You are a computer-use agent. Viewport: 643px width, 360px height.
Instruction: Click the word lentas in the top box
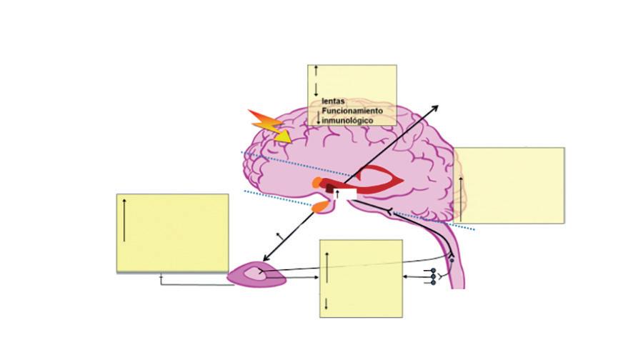point(333,101)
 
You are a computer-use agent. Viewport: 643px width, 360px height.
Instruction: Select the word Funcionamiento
point(352,111)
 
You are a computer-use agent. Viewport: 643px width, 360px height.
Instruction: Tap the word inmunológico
point(347,121)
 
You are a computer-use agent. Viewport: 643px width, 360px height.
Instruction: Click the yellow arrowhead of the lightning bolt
point(282,136)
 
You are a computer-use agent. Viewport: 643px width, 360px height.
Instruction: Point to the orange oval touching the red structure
point(317,182)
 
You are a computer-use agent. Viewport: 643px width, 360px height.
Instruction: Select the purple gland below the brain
point(256,275)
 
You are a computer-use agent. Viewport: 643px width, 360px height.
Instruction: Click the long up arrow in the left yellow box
point(124,220)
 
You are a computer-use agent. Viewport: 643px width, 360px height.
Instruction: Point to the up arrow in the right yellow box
point(461,199)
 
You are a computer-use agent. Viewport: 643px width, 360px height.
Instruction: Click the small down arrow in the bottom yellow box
point(327,304)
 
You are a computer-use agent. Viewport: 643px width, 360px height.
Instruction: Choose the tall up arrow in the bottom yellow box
point(327,267)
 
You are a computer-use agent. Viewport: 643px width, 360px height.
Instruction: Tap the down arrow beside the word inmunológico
point(318,118)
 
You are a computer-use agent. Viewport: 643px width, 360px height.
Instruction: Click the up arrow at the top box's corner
point(316,70)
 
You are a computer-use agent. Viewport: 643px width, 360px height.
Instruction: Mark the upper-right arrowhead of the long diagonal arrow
point(435,109)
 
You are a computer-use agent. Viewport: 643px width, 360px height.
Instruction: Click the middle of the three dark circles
point(433,276)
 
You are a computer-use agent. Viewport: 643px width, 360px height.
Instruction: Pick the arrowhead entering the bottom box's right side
point(405,276)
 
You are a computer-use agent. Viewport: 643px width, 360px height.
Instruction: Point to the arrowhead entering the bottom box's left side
point(316,278)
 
